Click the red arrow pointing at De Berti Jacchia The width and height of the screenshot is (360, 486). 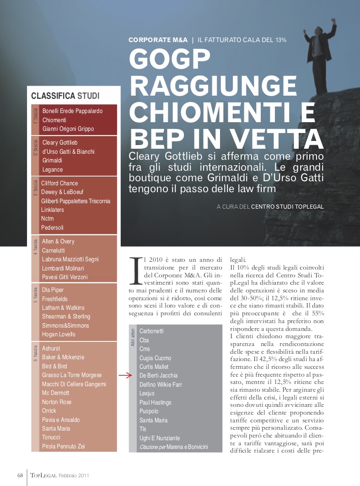click(125, 376)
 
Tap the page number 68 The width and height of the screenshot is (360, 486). click(20, 475)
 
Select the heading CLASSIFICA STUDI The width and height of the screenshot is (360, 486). click(65, 96)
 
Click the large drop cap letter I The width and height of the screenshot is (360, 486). click(135, 270)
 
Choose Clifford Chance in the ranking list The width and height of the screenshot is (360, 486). click(59, 183)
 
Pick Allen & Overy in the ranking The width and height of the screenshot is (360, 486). click(58, 241)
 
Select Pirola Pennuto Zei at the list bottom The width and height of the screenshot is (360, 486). click(64, 446)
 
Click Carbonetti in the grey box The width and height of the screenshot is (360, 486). click(151, 331)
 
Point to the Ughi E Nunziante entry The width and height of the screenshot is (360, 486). click(160, 438)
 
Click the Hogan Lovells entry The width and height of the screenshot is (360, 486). click(59, 334)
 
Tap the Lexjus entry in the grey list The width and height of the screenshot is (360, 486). click(147, 394)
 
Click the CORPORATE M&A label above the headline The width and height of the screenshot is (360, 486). click(158, 40)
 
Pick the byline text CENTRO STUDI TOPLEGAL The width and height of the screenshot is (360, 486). click(287, 207)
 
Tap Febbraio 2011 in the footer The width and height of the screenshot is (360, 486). click(74, 475)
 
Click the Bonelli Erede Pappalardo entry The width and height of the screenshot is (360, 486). click(72, 111)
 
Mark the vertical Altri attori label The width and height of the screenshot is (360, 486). click(133, 337)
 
